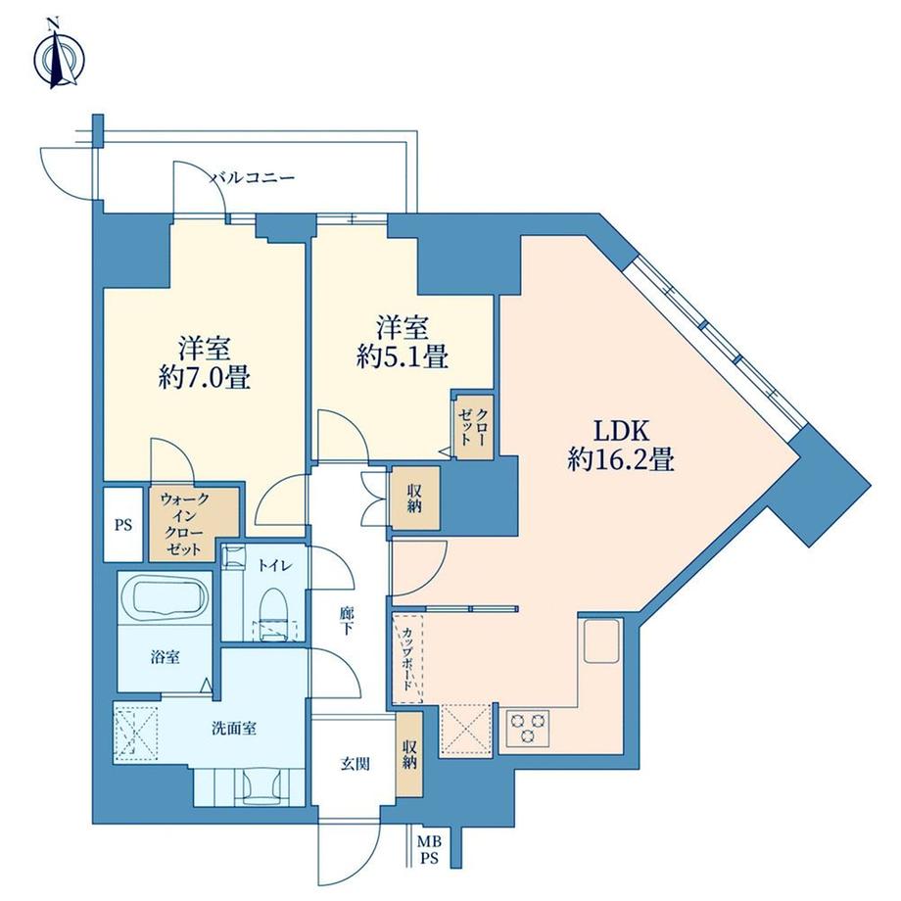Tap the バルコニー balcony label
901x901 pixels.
pyautogui.click(x=253, y=178)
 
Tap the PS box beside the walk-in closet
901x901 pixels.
pyautogui.click(x=122, y=524)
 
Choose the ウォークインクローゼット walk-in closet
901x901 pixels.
pyautogui.click(x=192, y=523)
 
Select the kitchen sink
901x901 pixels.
pyautogui.click(x=599, y=642)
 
